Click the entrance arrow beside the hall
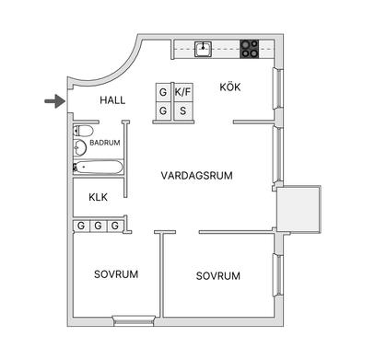pos(55,100)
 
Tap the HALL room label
pos(113,100)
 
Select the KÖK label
pos(230,87)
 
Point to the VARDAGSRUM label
pos(195,175)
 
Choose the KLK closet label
pos(99,198)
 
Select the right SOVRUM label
pos(218,276)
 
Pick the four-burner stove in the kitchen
pos(250,48)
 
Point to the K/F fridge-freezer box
pos(183,93)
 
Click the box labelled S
pos(183,112)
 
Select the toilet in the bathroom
pos(79,130)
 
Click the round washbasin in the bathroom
pos(81,147)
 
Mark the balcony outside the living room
pos(302,213)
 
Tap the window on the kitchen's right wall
pos(277,91)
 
